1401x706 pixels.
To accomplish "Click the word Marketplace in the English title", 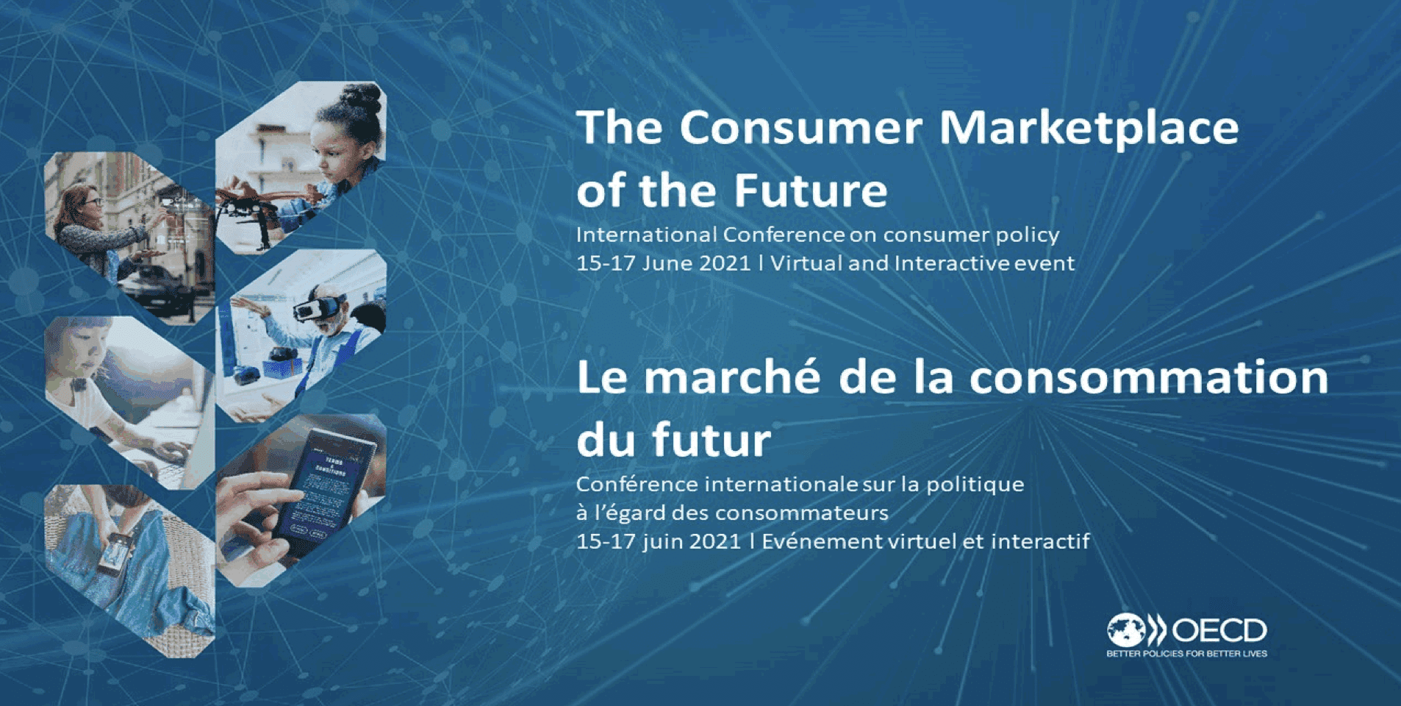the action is click(x=1089, y=128).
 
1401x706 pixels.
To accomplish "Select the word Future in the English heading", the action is click(x=810, y=190).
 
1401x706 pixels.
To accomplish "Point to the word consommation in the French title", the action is click(x=1149, y=377).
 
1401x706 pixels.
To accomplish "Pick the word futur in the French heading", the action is click(x=712, y=440).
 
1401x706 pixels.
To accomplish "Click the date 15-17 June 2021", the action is click(x=663, y=263).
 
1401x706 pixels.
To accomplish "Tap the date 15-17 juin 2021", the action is click(x=659, y=542).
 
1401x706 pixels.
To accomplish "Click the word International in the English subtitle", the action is click(x=646, y=235).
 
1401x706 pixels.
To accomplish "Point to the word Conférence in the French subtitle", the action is click(x=637, y=484).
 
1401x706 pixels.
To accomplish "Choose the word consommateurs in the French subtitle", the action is click(x=801, y=513).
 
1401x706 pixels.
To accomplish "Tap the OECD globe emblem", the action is click(x=1127, y=630).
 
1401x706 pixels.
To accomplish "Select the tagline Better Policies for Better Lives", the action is click(x=1186, y=653).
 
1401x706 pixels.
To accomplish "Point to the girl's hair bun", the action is click(x=362, y=98).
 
